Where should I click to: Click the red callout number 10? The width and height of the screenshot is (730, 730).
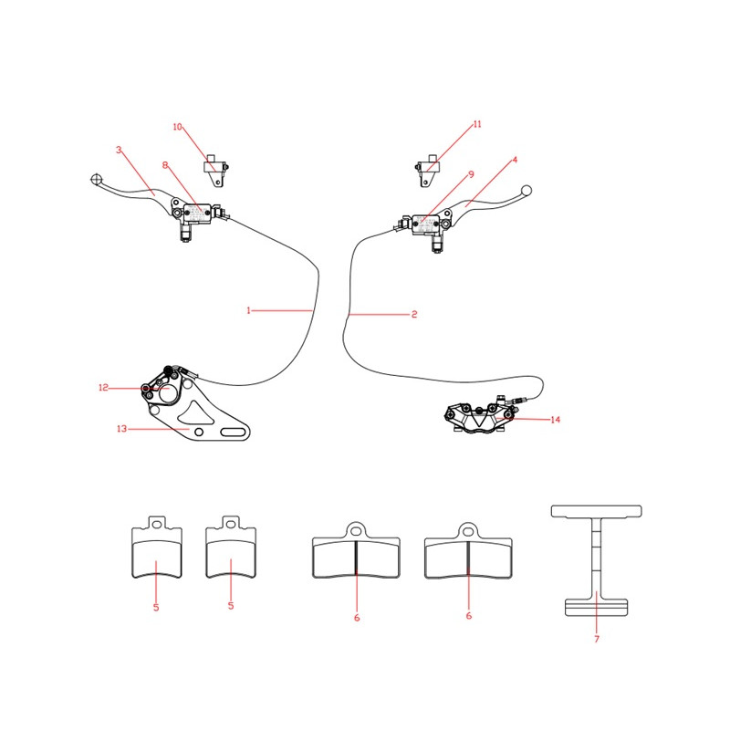tap(177, 127)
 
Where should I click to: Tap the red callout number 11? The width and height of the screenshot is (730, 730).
tap(477, 124)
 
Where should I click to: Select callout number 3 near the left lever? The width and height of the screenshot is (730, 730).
tap(119, 150)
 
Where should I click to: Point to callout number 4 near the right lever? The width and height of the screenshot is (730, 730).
tap(515, 160)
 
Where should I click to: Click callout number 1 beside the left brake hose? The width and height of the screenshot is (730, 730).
tap(248, 310)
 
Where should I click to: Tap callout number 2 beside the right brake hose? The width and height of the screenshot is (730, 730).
tap(414, 314)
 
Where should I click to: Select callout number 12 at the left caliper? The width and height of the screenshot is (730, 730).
tap(103, 387)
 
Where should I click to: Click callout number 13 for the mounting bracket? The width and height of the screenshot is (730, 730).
tap(121, 428)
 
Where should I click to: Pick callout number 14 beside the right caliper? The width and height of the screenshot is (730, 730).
tap(555, 420)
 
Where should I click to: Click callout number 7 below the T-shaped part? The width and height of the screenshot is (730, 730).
tap(597, 639)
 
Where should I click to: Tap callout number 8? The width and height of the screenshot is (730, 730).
tap(165, 165)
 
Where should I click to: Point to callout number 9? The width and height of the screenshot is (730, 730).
tap(471, 174)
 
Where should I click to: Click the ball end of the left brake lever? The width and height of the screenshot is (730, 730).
tap(97, 179)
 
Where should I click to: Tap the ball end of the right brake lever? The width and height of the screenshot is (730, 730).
tap(527, 191)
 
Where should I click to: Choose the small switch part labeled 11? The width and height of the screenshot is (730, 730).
tap(427, 171)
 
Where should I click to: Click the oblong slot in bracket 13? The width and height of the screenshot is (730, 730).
tap(233, 432)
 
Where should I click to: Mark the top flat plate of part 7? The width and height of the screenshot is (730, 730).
tap(597, 511)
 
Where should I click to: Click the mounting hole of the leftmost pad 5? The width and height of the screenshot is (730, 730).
tap(157, 525)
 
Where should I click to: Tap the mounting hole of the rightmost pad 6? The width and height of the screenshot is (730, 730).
tap(468, 530)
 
